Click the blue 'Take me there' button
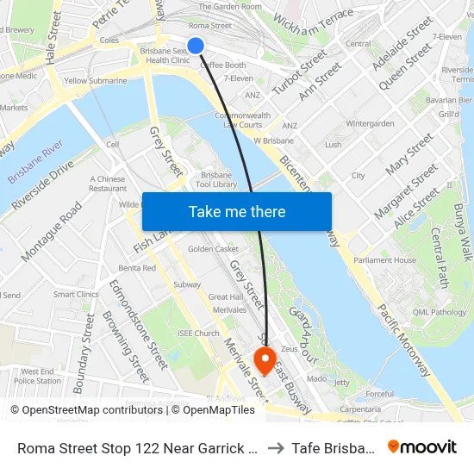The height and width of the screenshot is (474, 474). [x=237, y=211]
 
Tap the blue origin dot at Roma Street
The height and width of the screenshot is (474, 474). [x=196, y=46]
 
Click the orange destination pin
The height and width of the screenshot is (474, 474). [x=265, y=359]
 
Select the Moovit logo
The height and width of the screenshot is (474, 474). [x=423, y=446]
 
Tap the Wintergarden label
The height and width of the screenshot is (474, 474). [x=370, y=123]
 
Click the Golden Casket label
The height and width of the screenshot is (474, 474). [x=213, y=249]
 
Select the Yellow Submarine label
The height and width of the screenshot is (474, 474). [x=96, y=81]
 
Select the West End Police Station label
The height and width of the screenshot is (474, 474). [x=38, y=376]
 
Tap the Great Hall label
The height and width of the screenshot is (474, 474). [x=225, y=297]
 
